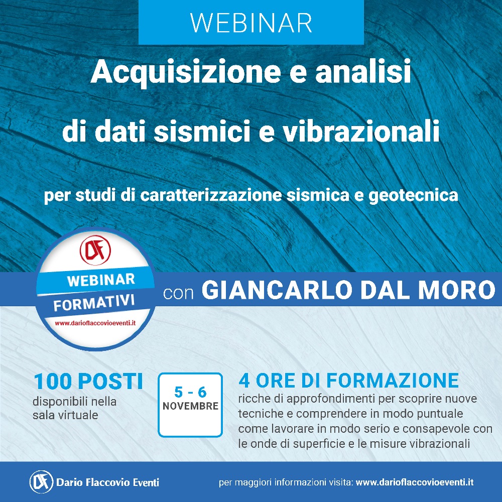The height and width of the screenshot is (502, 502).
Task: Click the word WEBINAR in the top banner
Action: [251, 23]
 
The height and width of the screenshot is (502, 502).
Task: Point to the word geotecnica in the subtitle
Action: [413, 196]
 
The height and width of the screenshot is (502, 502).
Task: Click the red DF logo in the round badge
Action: [95, 250]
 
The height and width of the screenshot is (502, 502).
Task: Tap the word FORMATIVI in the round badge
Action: [94, 303]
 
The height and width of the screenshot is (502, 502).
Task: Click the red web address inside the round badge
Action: [95, 323]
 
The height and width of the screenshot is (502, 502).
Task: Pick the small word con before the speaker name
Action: [179, 293]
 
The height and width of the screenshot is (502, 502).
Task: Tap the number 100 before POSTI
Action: [53, 382]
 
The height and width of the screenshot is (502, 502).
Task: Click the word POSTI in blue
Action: [110, 382]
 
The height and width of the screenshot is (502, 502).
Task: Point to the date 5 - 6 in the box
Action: [190, 392]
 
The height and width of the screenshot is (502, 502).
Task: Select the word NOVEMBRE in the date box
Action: [190, 406]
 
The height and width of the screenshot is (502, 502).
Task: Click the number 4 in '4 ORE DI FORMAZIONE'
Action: [244, 381]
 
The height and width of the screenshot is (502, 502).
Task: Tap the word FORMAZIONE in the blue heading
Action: [393, 381]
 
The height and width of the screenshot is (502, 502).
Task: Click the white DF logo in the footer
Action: [41, 482]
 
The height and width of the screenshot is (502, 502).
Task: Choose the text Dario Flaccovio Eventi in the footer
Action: [107, 482]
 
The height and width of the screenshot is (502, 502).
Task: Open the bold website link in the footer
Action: [415, 482]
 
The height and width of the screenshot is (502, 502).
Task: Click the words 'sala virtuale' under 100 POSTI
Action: [65, 415]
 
